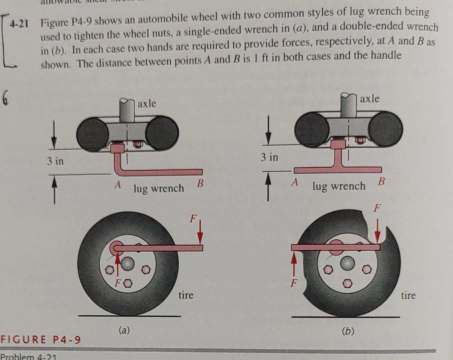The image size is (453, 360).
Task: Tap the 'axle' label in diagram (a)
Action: point(147,104)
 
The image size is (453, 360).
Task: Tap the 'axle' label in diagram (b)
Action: point(370,99)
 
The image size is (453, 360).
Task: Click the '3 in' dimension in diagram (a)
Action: point(55,161)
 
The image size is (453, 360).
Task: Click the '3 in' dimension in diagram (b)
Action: point(269,157)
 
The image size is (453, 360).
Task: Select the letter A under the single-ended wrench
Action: point(117,184)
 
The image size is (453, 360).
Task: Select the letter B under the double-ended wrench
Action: point(381,182)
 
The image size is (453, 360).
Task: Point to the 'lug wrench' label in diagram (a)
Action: point(159,189)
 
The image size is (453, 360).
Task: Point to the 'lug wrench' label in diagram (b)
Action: point(339,186)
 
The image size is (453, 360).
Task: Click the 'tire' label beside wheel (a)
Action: point(186,295)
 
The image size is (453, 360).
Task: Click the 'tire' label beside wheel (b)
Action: point(408,295)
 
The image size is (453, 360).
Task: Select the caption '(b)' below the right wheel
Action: point(348,331)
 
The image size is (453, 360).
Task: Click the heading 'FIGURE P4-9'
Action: point(40,340)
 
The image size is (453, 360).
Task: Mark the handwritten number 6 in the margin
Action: point(5,99)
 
